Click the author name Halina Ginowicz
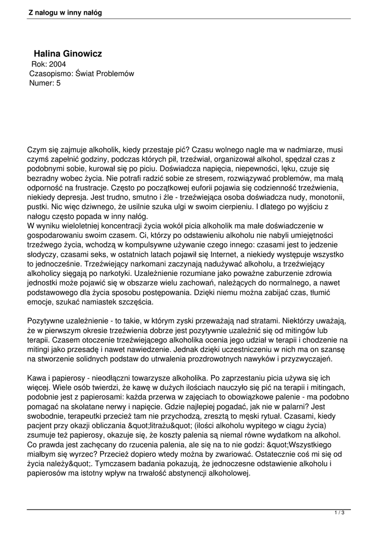(68, 54)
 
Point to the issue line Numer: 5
(45, 83)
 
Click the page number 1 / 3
(339, 513)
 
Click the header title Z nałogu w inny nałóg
(65, 12)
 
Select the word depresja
(76, 198)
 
